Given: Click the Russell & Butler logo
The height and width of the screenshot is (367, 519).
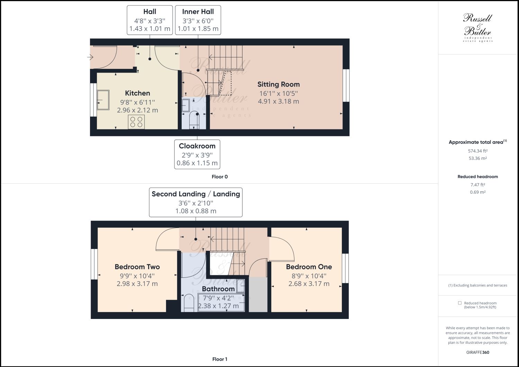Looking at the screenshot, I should coord(477,27).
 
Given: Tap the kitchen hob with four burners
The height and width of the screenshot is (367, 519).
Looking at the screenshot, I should coord(136,122).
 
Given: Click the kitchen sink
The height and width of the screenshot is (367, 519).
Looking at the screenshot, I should coord(103,100).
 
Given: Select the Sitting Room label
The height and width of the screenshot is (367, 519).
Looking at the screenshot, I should coord(278,84).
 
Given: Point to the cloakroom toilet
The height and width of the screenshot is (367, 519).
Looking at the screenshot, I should coord(195,120).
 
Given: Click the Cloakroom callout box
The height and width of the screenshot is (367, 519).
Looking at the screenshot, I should coord(197,154).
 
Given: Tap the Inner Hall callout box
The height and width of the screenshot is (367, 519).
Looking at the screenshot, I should coord(198,20).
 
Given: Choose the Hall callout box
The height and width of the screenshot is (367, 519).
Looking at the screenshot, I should coord(149,20).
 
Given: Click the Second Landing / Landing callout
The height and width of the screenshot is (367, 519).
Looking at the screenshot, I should coord(196,202).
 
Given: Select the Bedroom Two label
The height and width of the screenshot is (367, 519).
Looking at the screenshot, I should coord(137,267).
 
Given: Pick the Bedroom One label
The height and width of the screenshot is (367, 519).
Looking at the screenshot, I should coord(309,267).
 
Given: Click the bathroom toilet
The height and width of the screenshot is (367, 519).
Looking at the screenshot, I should coord(189,303).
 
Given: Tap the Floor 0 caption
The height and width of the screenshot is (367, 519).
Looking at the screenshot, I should coord(220,177).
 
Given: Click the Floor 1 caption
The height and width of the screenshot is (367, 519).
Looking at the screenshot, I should coord(220,359).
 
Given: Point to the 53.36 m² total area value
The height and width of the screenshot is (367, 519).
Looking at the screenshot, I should coord(477,158).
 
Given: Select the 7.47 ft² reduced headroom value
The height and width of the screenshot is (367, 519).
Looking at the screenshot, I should coord(477,185).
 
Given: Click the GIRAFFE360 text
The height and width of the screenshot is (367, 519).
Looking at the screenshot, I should coord(477,352).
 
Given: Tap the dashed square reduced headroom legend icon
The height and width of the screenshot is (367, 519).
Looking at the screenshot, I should coord(459,303).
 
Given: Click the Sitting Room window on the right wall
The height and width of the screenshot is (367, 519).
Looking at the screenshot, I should coord(346,85).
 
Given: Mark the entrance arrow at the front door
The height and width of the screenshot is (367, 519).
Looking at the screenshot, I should coord(91,57).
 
